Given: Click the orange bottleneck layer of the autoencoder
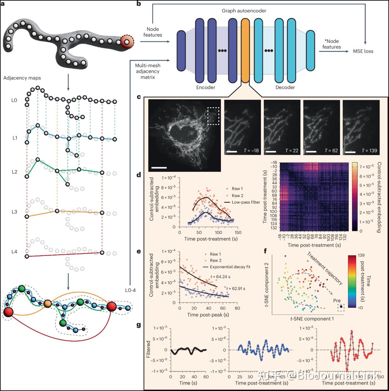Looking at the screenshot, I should click(245, 50).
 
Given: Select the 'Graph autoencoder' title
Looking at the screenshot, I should click(244, 11).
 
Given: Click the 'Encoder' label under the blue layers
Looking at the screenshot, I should click(206, 87).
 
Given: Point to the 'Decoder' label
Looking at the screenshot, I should click(285, 87).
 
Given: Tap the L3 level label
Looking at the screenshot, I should click(14, 212).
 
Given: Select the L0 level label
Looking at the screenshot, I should click(14, 100).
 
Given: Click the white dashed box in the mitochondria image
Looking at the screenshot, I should click(213, 116).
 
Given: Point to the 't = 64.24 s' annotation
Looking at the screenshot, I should click(220, 277).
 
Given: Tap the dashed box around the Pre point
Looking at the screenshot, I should click(341, 307).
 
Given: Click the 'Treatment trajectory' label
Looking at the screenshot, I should click(325, 268).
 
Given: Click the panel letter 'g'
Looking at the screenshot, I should click(139, 325).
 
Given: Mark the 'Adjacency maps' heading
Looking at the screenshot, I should click(22, 78).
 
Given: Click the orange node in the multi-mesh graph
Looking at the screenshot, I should click(48, 303).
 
